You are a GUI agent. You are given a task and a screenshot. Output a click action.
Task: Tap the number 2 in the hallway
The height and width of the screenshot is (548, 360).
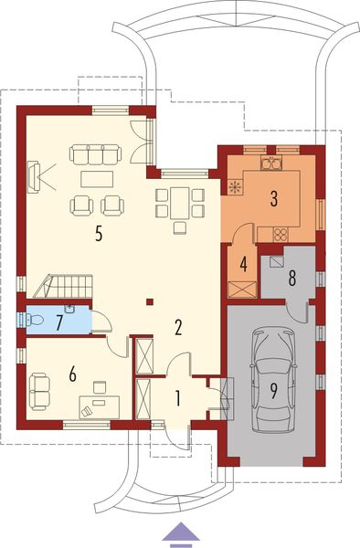pyautogui.click(x=180, y=326)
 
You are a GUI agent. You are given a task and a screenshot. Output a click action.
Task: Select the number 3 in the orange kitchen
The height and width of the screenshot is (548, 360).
pyautogui.click(x=273, y=195)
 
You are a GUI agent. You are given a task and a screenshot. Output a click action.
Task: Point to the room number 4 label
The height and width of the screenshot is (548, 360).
pyautogui.click(x=244, y=265)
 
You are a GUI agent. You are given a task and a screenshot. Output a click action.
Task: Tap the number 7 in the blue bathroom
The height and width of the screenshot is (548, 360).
pyautogui.click(x=59, y=321)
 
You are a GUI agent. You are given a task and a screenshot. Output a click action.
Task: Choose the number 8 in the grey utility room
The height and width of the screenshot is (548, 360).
pyautogui.click(x=291, y=278)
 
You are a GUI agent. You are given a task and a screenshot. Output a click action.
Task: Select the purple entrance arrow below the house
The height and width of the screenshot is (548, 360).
pyautogui.click(x=180, y=532)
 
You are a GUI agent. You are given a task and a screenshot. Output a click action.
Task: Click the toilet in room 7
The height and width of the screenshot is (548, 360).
pyautogui.click(x=34, y=320)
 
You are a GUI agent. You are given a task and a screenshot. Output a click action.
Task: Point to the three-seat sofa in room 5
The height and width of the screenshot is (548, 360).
pyautogui.click(x=95, y=153)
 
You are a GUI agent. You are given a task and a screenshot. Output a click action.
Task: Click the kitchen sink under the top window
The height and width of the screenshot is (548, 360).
pyautogui.click(x=271, y=164)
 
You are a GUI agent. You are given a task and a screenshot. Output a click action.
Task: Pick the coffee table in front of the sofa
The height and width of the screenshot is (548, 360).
pyautogui.click(x=95, y=176)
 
